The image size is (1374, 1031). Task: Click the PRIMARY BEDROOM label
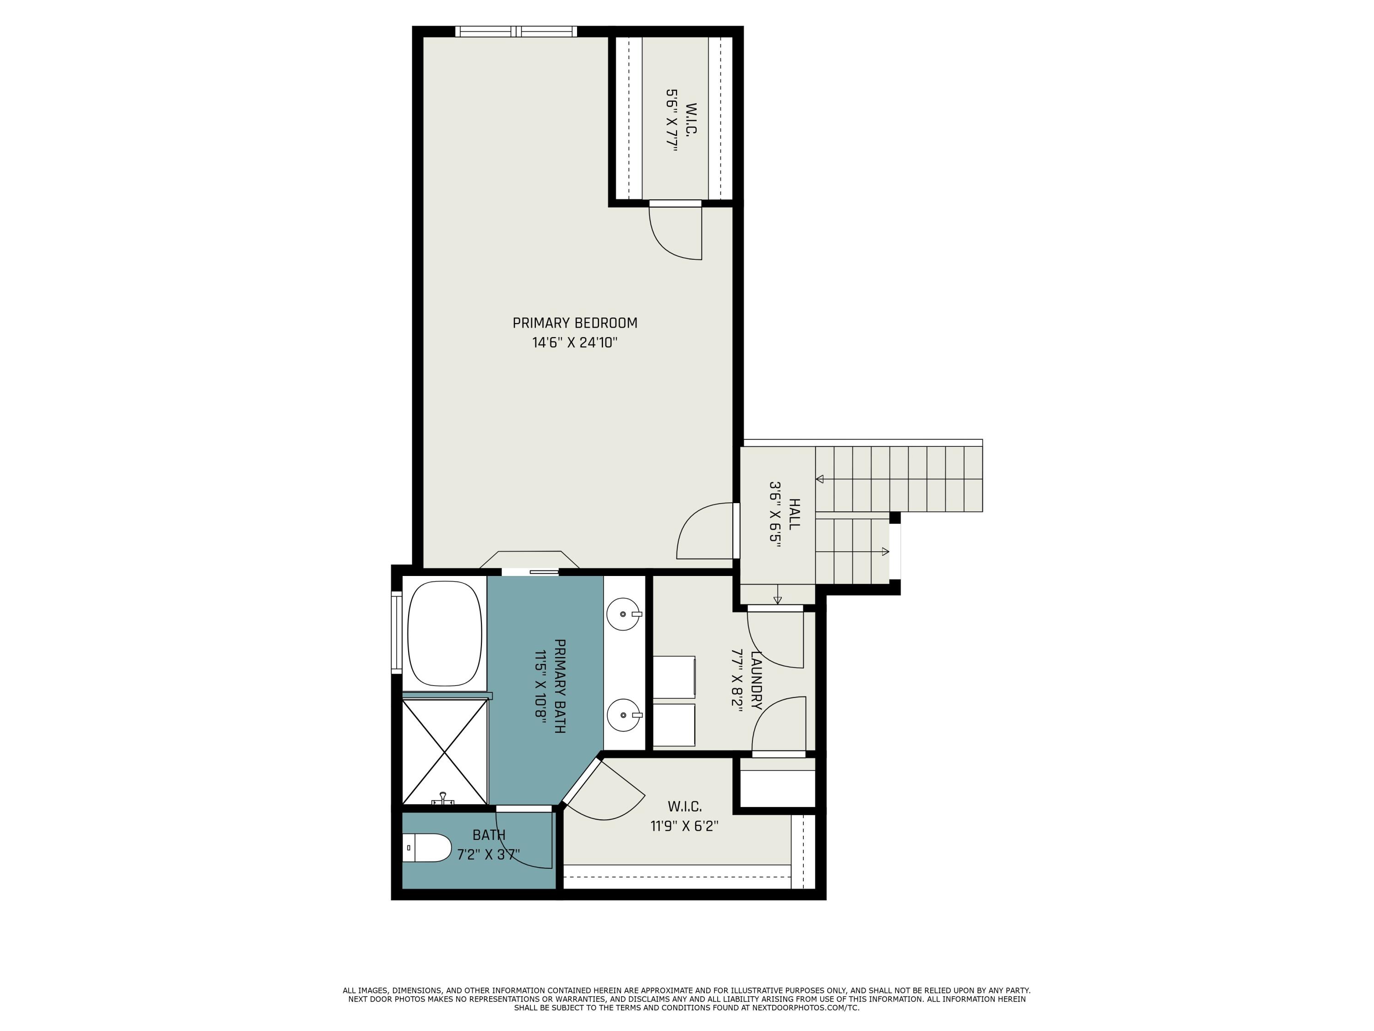[x=575, y=323]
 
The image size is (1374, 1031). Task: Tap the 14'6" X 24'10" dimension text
[x=575, y=342]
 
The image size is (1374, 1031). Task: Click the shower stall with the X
[x=445, y=752]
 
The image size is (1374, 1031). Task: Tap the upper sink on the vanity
[x=624, y=614]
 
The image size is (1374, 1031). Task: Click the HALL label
[x=794, y=513]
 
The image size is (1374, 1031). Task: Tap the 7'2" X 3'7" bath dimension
[x=488, y=855]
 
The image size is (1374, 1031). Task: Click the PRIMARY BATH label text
[x=559, y=686]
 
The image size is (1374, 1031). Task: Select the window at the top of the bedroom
[x=516, y=31]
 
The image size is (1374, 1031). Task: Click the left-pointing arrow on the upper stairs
[x=820, y=479]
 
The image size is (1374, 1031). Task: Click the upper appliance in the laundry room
[x=674, y=677]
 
